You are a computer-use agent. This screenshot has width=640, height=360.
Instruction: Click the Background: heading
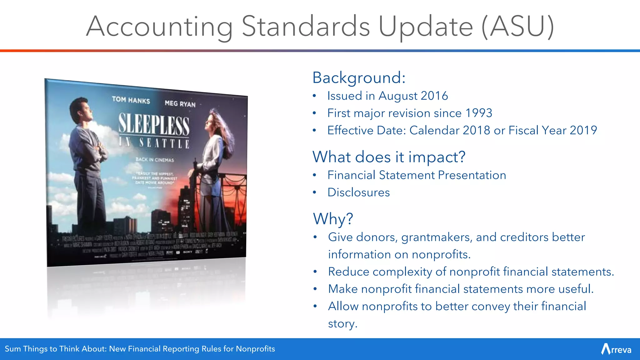tap(359, 78)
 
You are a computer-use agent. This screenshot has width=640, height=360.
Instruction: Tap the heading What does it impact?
tap(389, 157)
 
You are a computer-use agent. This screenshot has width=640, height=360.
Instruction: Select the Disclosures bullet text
tap(358, 192)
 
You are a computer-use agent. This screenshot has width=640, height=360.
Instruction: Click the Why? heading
tap(333, 219)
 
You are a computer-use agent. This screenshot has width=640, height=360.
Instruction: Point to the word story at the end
tap(342, 324)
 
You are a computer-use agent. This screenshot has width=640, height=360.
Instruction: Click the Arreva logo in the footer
tap(616, 349)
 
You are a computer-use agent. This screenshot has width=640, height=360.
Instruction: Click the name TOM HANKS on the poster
tap(131, 100)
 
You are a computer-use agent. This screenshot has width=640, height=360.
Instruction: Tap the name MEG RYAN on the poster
tap(180, 103)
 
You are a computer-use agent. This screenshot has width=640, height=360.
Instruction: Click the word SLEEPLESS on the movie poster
tap(154, 125)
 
